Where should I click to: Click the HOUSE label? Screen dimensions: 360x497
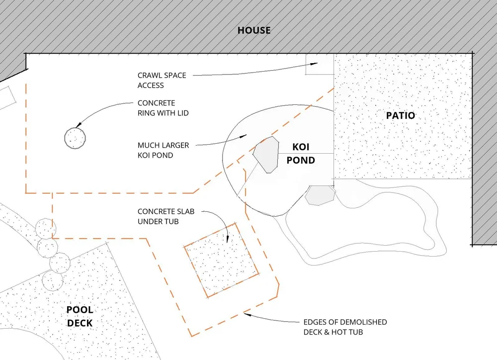coord(254,30)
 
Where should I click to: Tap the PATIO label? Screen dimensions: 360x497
coord(400,115)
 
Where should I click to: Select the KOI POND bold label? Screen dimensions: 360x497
coord(301,154)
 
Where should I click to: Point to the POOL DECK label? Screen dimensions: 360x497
coord(80,317)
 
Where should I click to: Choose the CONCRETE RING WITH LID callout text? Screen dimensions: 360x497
coord(163,108)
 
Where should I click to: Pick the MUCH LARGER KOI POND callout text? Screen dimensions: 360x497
coord(163,150)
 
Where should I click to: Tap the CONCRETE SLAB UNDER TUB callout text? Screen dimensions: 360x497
coord(166,216)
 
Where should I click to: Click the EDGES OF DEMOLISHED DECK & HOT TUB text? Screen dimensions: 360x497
coord(345,327)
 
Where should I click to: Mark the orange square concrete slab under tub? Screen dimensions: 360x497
coord(221,261)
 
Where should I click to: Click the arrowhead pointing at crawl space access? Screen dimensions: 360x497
coord(315,64)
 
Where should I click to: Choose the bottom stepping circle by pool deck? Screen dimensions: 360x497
coord(53,280)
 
